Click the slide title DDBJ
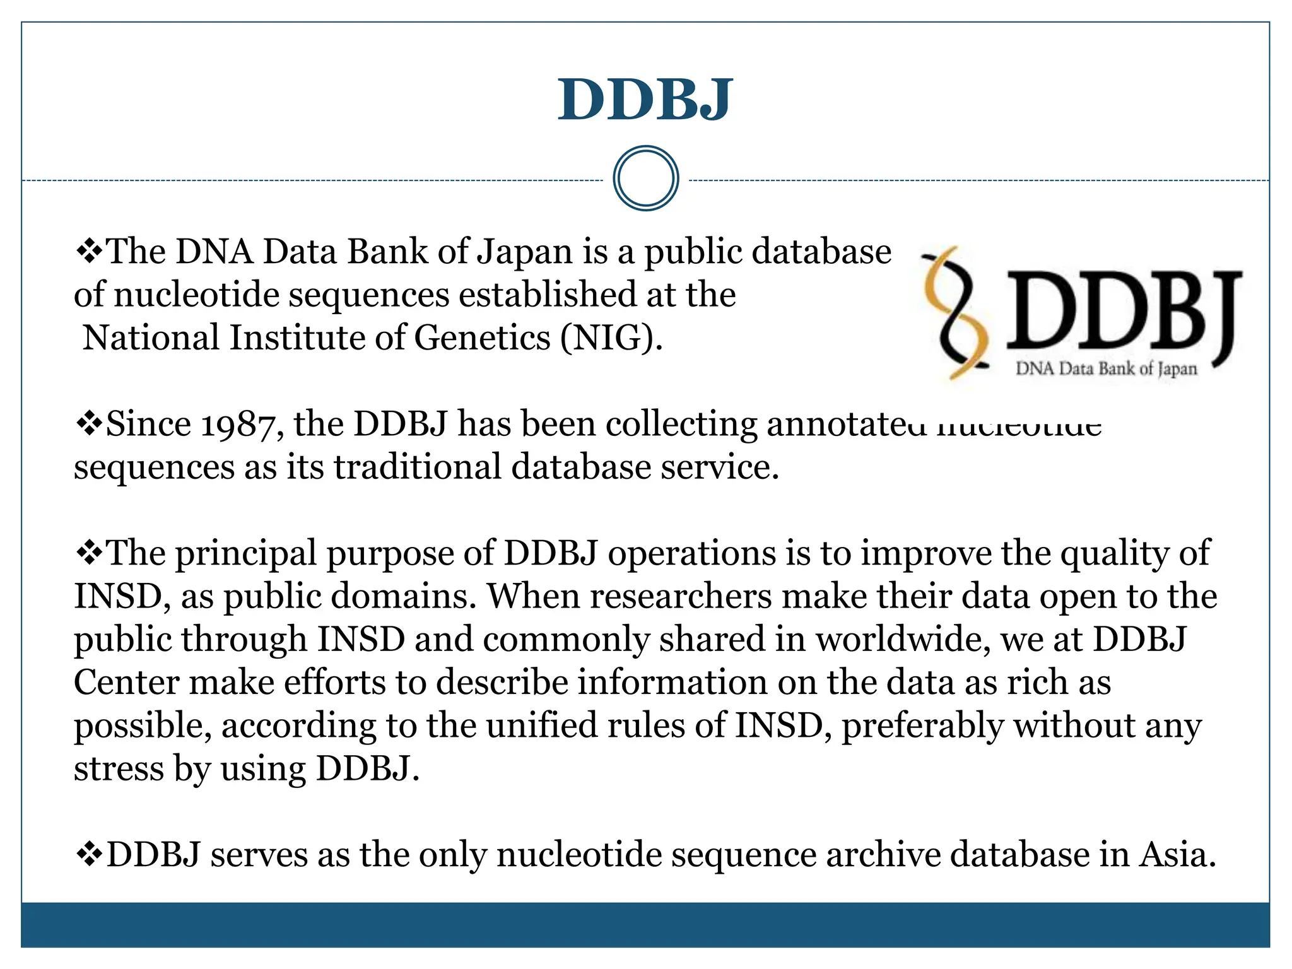[x=645, y=99]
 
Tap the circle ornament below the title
[x=645, y=179]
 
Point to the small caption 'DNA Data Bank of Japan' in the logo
[x=1106, y=368]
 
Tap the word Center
[x=127, y=682]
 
